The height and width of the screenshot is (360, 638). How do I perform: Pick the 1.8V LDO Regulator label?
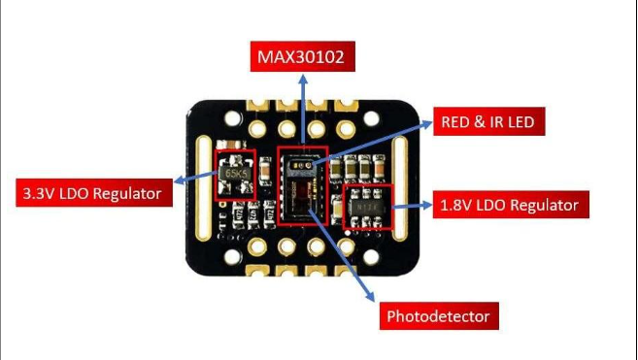tap(514, 205)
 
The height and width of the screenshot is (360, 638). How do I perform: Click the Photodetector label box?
tap(436, 316)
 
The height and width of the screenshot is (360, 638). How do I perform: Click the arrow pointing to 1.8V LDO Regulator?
tap(414, 205)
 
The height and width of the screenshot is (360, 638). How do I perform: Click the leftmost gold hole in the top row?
tap(257, 127)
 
